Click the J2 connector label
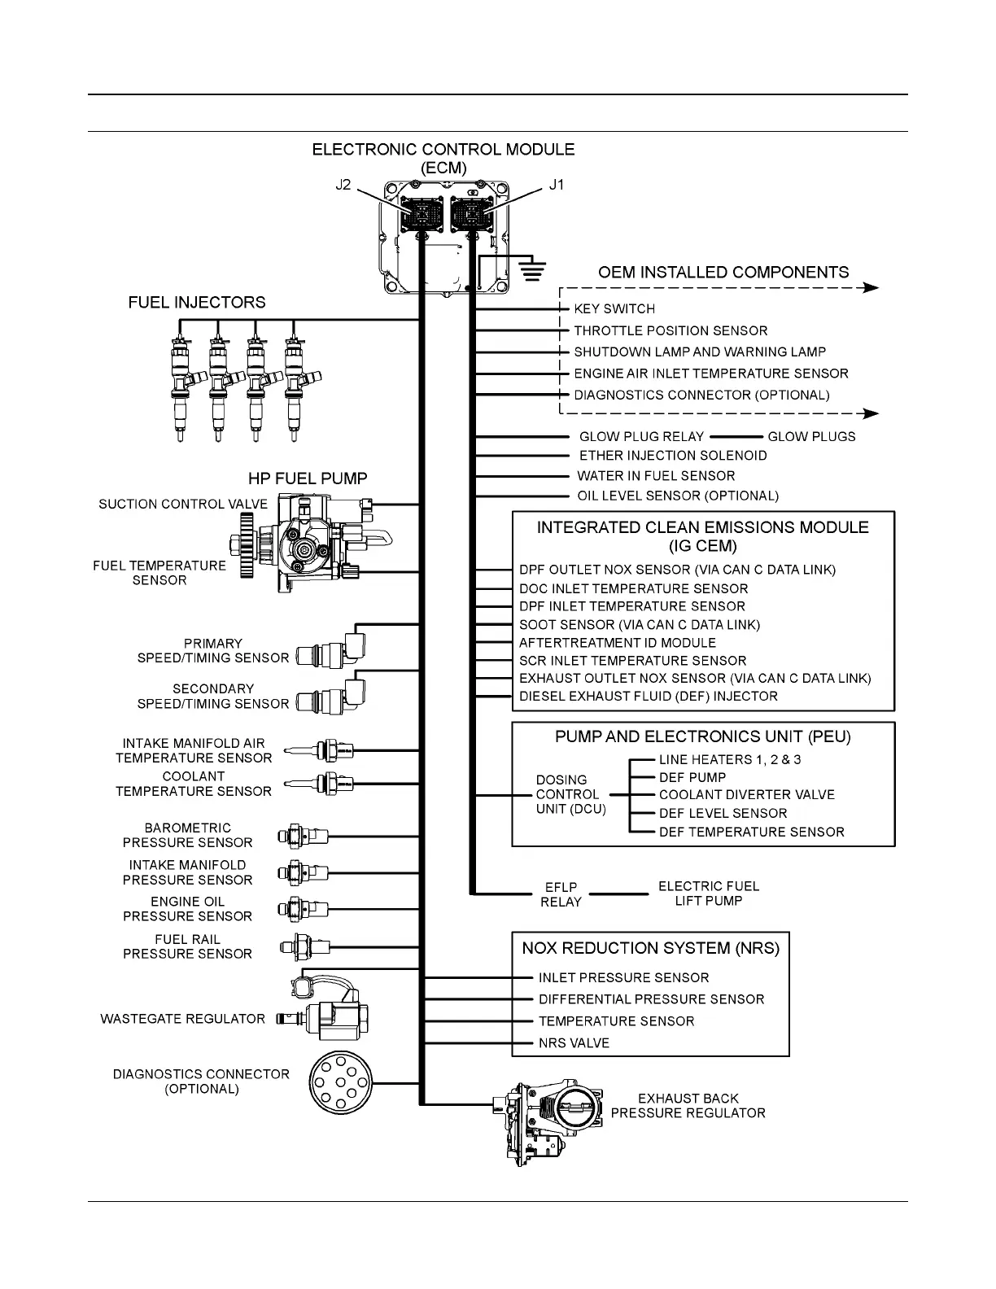[343, 185]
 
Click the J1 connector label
[556, 185]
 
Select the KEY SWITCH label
[614, 309]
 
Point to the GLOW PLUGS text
[811, 437]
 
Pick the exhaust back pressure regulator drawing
[550, 1121]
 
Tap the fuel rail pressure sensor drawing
[304, 946]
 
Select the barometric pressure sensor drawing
[303, 836]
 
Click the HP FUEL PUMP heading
[308, 478]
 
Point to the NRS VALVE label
[574, 1043]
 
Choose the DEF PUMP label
[692, 777]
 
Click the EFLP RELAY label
[561, 894]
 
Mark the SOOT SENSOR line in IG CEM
[639, 625]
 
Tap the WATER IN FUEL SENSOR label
[656, 476]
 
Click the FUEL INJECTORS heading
[197, 303]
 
